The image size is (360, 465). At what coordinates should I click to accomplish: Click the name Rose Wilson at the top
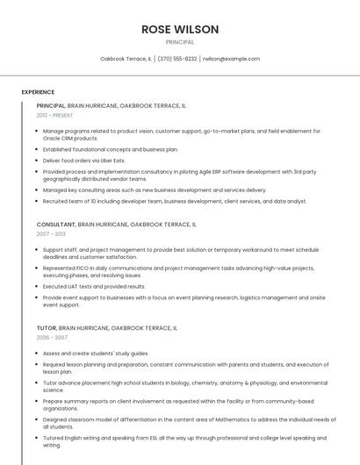coord(179,29)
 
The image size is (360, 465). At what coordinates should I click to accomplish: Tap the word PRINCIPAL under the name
coord(179,42)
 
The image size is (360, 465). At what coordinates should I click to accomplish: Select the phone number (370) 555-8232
coord(177,59)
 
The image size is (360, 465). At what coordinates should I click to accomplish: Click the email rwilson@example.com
coord(231,59)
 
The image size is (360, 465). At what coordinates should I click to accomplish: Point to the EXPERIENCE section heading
coord(38,91)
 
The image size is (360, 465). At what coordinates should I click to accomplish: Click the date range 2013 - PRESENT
coord(54,115)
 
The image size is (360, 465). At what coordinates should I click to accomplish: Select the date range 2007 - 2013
coord(51,234)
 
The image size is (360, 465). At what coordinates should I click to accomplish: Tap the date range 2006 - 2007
coord(52,337)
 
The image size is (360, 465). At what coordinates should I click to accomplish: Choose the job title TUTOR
coord(46,327)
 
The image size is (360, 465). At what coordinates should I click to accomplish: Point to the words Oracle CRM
coord(61,138)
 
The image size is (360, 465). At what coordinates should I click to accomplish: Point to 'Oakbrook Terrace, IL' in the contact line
coord(126,59)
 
